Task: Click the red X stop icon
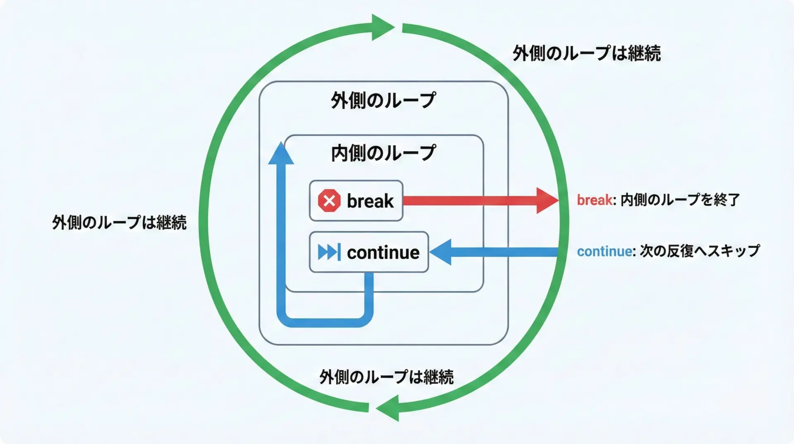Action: pyautogui.click(x=329, y=201)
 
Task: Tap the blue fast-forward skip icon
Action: pyautogui.click(x=329, y=252)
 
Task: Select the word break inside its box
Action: pyautogui.click(x=370, y=201)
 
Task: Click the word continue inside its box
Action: pyautogui.click(x=383, y=252)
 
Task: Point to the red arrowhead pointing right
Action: pyautogui.click(x=547, y=200)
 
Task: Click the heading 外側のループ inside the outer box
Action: pyautogui.click(x=383, y=100)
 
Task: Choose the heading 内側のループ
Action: pyautogui.click(x=383, y=153)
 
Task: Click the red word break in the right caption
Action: pyautogui.click(x=594, y=200)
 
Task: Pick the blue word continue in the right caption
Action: pyautogui.click(x=604, y=251)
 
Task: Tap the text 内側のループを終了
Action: pyautogui.click(x=680, y=200)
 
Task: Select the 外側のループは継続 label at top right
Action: pyautogui.click(x=586, y=53)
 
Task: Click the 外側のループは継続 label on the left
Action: pyautogui.click(x=119, y=222)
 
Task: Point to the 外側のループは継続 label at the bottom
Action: pyautogui.click(x=386, y=377)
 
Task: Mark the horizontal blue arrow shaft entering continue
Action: pyautogui.click(x=505, y=252)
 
